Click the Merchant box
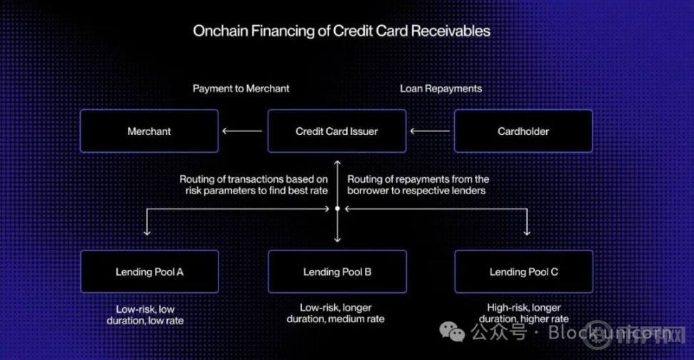(149, 131)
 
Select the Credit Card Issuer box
(336, 131)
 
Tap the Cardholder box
(523, 131)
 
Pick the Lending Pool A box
(149, 271)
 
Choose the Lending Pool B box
(336, 271)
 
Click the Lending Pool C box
(523, 271)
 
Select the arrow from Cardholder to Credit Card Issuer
(430, 131)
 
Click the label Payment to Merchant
(241, 89)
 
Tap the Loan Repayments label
(441, 89)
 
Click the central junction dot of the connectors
(337, 209)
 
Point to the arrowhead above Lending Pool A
(147, 231)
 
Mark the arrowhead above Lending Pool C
(528, 231)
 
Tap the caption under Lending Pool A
(145, 315)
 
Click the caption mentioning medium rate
(336, 313)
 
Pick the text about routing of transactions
(253, 185)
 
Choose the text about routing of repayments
(418, 185)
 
